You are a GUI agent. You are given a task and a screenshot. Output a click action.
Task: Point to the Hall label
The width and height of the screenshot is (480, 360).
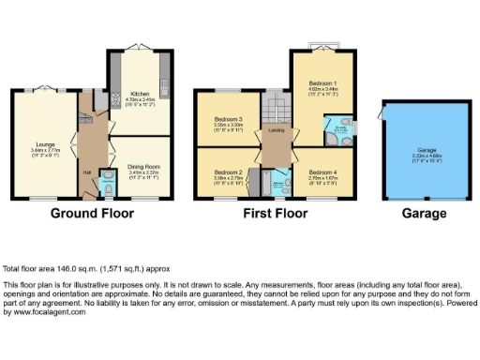tap(85, 172)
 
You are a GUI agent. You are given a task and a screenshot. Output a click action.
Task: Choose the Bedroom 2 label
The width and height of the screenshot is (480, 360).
tap(227, 172)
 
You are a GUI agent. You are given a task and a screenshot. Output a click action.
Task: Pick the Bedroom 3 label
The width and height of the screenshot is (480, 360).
tap(228, 120)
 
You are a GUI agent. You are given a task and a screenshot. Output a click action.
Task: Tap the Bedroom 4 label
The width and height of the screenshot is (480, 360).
tap(322, 172)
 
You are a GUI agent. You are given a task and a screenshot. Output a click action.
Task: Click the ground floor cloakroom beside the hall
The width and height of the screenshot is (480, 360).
tap(105, 188)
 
